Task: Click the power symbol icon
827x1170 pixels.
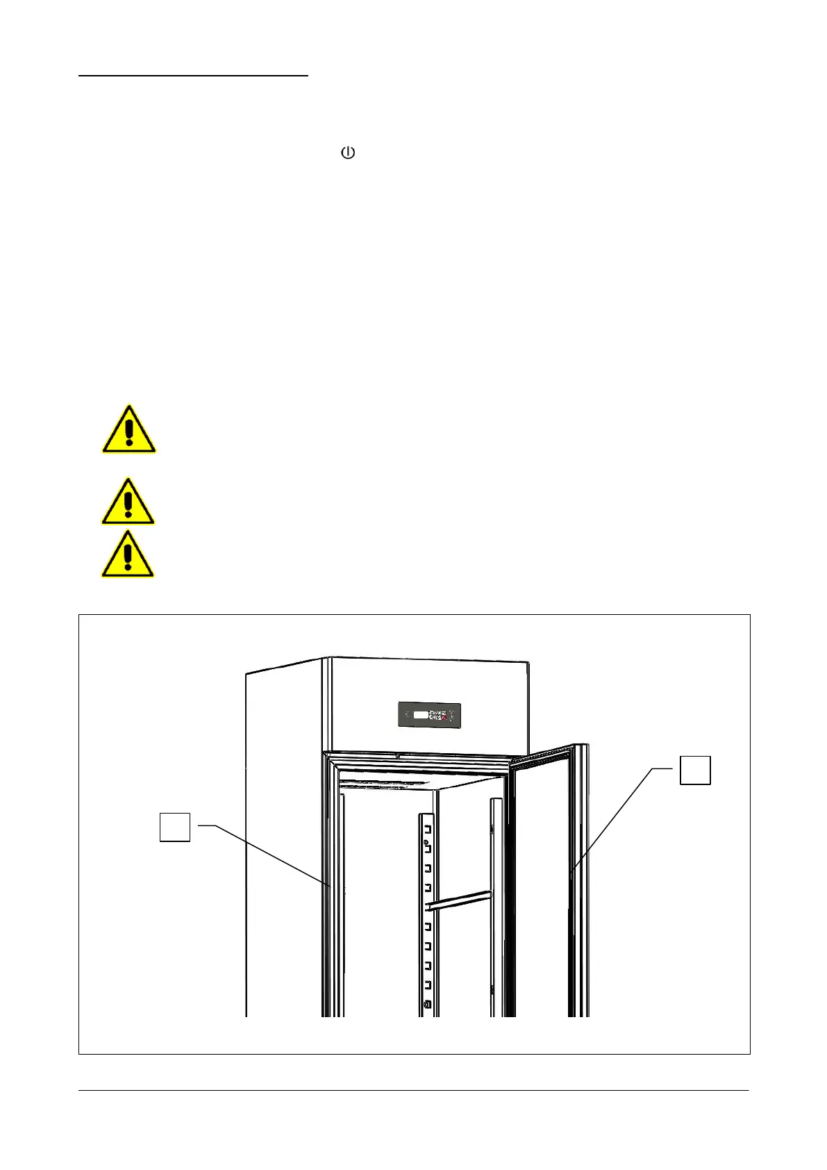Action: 348,153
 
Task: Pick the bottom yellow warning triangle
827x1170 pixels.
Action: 128,555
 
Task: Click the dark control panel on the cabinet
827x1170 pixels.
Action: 429,715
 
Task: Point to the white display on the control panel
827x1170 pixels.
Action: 420,715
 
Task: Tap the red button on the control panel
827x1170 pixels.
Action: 442,716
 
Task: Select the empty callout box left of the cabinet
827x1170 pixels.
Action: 175,827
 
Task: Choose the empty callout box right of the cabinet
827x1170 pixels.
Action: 694,770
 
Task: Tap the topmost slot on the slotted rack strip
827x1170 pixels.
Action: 428,830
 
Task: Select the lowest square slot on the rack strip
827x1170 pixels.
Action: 428,985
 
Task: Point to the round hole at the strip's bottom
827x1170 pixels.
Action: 427,1005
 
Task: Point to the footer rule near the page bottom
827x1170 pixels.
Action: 413,1090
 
